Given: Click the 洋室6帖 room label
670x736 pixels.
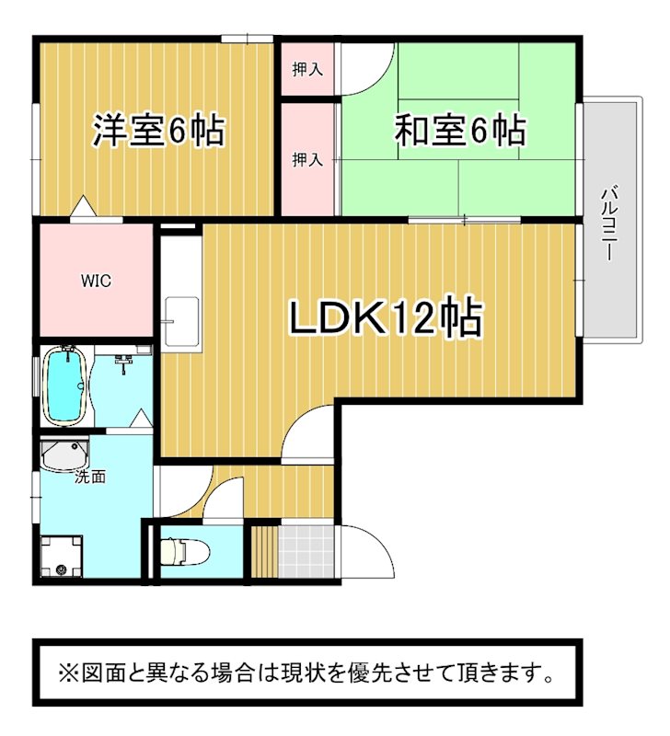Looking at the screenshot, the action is click(x=158, y=130).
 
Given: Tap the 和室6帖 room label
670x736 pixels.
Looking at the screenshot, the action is click(x=460, y=130).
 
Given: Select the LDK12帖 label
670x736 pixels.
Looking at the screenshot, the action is click(x=386, y=316).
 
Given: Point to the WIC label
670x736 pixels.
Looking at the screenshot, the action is click(x=97, y=281).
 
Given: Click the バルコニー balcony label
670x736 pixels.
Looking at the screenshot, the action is click(x=610, y=224).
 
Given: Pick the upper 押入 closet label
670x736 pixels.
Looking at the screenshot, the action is click(x=307, y=70).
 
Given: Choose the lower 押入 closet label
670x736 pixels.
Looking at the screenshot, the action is click(x=307, y=159).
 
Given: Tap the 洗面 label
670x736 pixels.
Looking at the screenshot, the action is click(x=90, y=477).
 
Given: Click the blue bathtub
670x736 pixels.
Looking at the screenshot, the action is click(x=64, y=385).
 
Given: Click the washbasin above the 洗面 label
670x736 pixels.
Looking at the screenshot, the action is click(x=64, y=454).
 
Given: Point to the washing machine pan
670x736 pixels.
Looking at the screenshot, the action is click(x=61, y=557).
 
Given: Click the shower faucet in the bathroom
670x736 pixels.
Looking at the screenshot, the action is click(x=123, y=362).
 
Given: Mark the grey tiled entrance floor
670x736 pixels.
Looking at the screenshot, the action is click(x=306, y=551).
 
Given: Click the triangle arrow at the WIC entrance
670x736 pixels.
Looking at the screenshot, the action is click(x=83, y=206).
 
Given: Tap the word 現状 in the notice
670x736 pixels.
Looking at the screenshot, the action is click(x=297, y=673).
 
